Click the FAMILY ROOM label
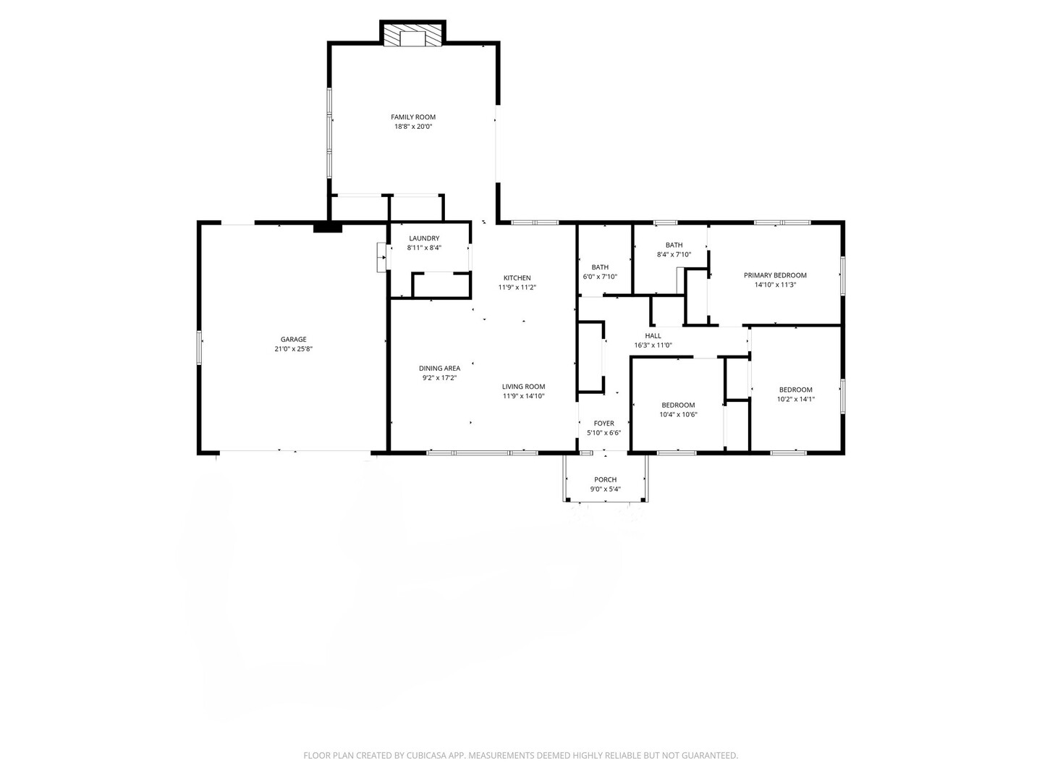(x=413, y=117)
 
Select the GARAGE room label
(x=293, y=340)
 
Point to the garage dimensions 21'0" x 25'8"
(x=293, y=349)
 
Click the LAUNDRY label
(x=424, y=239)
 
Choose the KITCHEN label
(x=517, y=278)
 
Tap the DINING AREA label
(x=439, y=369)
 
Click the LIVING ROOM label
(x=523, y=387)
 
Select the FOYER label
(x=603, y=424)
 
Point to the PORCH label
(x=605, y=479)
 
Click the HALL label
(x=653, y=336)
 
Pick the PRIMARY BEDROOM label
(x=775, y=275)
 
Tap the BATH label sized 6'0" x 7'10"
(x=600, y=267)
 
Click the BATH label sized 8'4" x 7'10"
(x=674, y=245)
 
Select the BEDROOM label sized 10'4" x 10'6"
(x=678, y=405)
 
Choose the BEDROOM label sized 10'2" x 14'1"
(x=795, y=390)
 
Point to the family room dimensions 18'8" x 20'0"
(x=413, y=127)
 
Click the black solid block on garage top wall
(x=327, y=228)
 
